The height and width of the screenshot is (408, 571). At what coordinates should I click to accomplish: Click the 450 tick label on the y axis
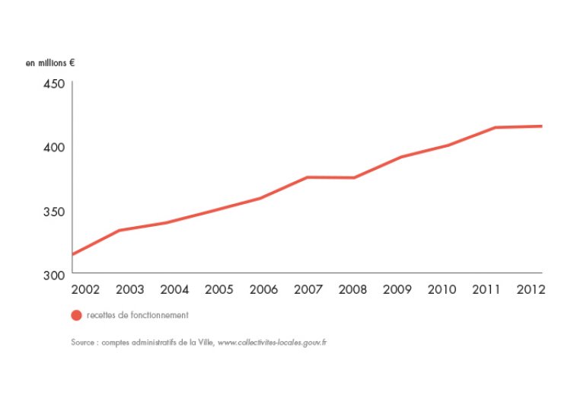(53, 84)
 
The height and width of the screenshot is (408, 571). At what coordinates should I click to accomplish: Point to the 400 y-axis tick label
(53, 147)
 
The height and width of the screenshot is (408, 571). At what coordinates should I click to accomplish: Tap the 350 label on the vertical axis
(53, 211)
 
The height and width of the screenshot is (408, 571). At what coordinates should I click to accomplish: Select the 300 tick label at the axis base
(53, 274)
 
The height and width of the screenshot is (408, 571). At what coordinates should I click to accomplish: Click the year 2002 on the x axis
(85, 290)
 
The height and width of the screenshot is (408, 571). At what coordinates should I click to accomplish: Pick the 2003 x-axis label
(130, 290)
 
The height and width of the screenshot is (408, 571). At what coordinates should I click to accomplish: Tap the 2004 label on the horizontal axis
(175, 290)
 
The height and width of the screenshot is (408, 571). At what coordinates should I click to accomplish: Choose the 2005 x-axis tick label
(219, 290)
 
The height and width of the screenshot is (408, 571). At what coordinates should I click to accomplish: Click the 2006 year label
(263, 290)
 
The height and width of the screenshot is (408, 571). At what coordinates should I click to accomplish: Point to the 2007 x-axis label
(308, 290)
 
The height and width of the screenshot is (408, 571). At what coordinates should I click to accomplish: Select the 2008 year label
(352, 290)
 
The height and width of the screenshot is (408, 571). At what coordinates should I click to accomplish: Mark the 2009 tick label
(397, 290)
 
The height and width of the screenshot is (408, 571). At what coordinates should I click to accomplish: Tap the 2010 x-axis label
(442, 290)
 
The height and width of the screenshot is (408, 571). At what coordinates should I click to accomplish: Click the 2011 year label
(486, 290)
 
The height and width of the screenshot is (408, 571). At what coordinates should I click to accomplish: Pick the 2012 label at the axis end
(529, 290)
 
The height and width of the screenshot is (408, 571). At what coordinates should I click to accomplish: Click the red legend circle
(76, 315)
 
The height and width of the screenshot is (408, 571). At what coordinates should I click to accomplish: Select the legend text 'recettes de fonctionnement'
(137, 315)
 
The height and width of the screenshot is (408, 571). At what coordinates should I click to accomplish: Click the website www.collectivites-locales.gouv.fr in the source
(272, 343)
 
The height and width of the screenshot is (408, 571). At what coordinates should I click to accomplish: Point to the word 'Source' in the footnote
(82, 343)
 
